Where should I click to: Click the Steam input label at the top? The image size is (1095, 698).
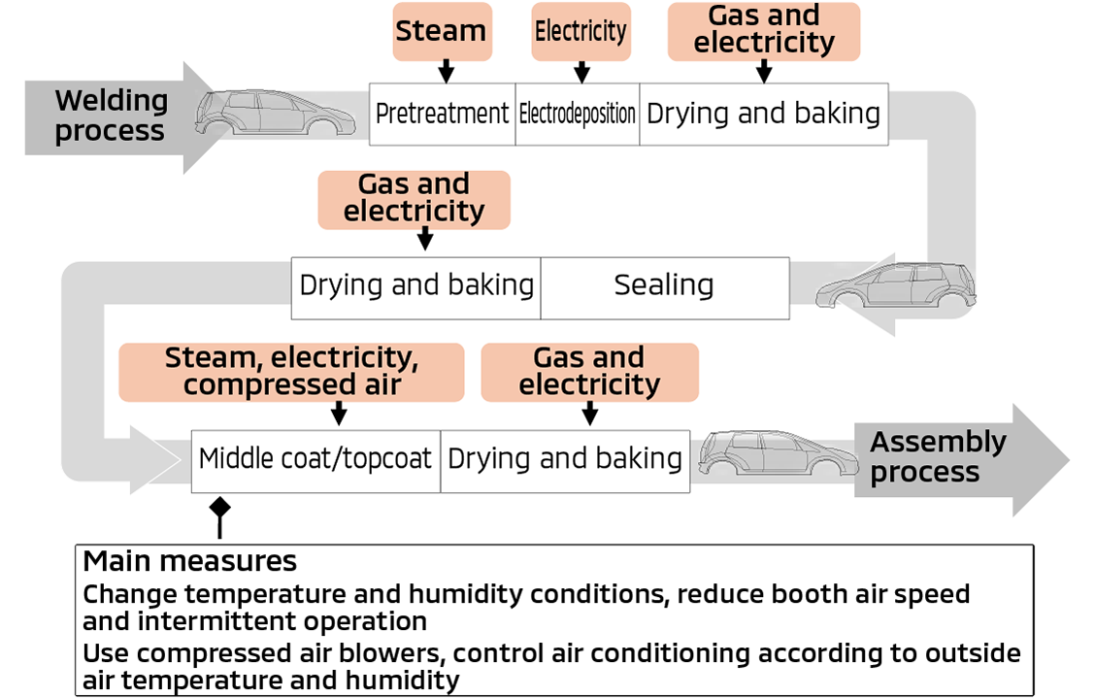(x=441, y=31)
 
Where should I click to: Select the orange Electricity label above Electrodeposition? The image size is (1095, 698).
(x=581, y=31)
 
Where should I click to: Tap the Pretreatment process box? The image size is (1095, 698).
(x=442, y=114)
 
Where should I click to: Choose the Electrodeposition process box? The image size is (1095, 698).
(x=577, y=114)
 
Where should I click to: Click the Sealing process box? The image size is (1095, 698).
(x=664, y=286)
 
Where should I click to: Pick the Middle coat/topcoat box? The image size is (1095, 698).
(x=315, y=459)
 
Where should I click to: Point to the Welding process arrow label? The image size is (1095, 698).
(x=110, y=116)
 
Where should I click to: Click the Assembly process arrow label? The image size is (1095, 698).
(x=937, y=457)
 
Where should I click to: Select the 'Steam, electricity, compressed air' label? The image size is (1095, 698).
(x=291, y=372)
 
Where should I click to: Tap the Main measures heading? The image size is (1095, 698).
(x=189, y=561)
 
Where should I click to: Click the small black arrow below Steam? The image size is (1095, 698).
(x=446, y=71)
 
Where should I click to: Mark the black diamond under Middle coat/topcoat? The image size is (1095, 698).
(x=220, y=507)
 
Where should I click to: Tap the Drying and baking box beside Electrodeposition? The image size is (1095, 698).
(x=763, y=114)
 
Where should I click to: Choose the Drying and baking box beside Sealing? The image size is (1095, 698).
(x=416, y=286)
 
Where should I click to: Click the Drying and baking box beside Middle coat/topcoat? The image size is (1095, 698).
(x=565, y=459)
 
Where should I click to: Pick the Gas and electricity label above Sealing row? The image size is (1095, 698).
(x=414, y=199)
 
